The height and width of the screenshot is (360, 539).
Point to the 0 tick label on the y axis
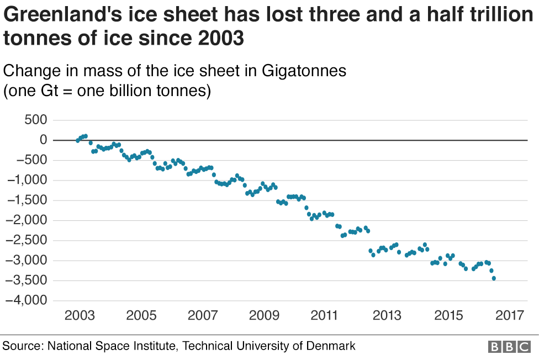43,140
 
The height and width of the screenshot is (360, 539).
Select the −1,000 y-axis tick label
27,181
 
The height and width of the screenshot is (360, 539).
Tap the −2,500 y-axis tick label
27,241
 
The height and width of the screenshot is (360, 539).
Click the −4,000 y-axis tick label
27,301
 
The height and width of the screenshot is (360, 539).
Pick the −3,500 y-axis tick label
27,280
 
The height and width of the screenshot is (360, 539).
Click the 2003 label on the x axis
78,316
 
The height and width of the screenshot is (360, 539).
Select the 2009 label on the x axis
263,316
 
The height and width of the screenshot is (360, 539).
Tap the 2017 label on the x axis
509,316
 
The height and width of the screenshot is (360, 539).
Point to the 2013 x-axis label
387,316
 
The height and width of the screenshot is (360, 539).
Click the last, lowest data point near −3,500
494,278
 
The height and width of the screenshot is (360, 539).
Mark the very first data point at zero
78,140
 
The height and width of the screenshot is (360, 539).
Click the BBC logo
509,347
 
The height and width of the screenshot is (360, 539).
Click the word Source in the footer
22,346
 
